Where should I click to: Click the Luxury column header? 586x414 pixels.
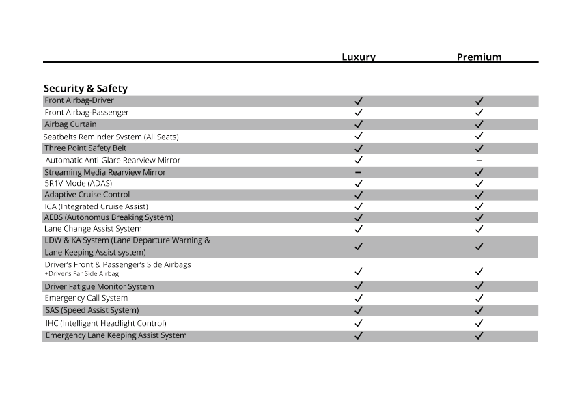pyautogui.click(x=359, y=57)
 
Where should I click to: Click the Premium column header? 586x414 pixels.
pyautogui.click(x=479, y=57)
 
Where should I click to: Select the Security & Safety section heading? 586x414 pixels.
pyautogui.click(x=85, y=88)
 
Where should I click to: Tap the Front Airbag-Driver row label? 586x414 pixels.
pyautogui.click(x=79, y=100)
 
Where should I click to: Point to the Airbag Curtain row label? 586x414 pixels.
pyautogui.click(x=70, y=124)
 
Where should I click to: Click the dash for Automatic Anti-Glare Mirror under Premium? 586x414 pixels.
pyautogui.click(x=479, y=161)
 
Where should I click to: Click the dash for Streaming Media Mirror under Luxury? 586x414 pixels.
pyautogui.click(x=359, y=172)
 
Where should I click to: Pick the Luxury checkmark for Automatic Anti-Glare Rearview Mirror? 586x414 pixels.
pyautogui.click(x=359, y=160)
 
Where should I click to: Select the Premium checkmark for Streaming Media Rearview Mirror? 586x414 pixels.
pyautogui.click(x=479, y=172)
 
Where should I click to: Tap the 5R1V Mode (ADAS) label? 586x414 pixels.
pyautogui.click(x=78, y=183)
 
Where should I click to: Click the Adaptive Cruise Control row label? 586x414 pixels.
pyautogui.click(x=87, y=195)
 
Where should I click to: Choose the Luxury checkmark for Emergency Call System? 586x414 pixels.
pyautogui.click(x=359, y=299)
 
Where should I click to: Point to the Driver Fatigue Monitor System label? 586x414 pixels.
pyautogui.click(x=99, y=286)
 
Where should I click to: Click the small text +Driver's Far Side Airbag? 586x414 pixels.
pyautogui.click(x=76, y=274)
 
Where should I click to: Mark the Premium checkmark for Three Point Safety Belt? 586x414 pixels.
pyautogui.click(x=479, y=148)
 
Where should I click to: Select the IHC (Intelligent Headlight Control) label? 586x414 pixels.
pyautogui.click(x=105, y=323)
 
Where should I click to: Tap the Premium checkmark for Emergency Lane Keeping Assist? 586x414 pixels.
pyautogui.click(x=479, y=335)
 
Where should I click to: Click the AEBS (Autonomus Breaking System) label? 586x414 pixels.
pyautogui.click(x=109, y=217)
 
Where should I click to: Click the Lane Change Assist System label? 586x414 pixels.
pyautogui.click(x=93, y=229)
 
